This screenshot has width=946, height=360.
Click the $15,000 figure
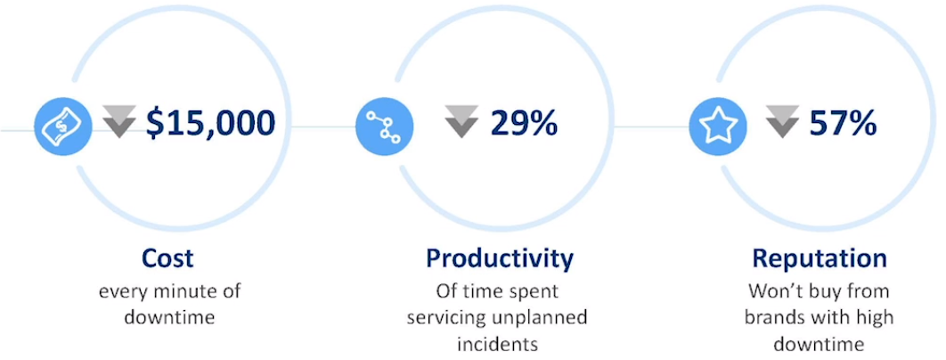pyautogui.click(x=210, y=123)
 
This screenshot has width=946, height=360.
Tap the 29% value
pyautogui.click(x=524, y=123)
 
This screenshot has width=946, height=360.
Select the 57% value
pyautogui.click(x=843, y=123)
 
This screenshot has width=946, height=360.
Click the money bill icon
pyautogui.click(x=63, y=127)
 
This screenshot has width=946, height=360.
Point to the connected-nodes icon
pyautogui.click(x=385, y=127)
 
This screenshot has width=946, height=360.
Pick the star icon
pyautogui.click(x=718, y=127)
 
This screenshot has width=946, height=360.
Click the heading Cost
pyautogui.click(x=167, y=258)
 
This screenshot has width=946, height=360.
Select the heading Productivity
pyautogui.click(x=500, y=259)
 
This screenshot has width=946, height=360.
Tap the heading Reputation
pyautogui.click(x=820, y=259)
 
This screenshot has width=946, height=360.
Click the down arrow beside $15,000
pyautogui.click(x=118, y=121)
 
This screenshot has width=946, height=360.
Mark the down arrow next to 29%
pyautogui.click(x=461, y=121)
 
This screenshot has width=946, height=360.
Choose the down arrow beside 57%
pyautogui.click(x=782, y=121)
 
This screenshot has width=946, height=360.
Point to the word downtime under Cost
pyautogui.click(x=169, y=318)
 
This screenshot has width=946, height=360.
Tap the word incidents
pyautogui.click(x=497, y=344)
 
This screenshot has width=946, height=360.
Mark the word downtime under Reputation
pyautogui.click(x=819, y=344)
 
